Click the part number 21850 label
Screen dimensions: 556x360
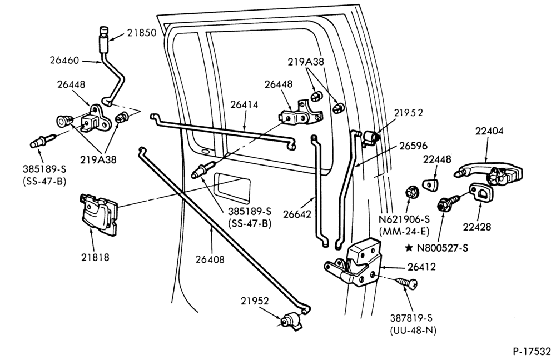coord(142,33)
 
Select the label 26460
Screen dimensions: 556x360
coord(64,60)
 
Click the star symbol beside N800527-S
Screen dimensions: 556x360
coord(409,248)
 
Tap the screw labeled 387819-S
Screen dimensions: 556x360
coord(407,282)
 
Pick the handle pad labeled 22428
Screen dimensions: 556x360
coord(481,193)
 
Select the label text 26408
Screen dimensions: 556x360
coord(210,259)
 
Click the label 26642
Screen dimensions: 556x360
coord(297,214)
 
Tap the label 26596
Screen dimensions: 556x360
coord(413,146)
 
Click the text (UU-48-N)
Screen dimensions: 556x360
coord(413,330)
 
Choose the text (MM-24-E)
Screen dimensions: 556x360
coord(404,231)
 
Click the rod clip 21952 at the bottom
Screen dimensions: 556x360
coord(292,321)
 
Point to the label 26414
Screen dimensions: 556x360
coord(244,105)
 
